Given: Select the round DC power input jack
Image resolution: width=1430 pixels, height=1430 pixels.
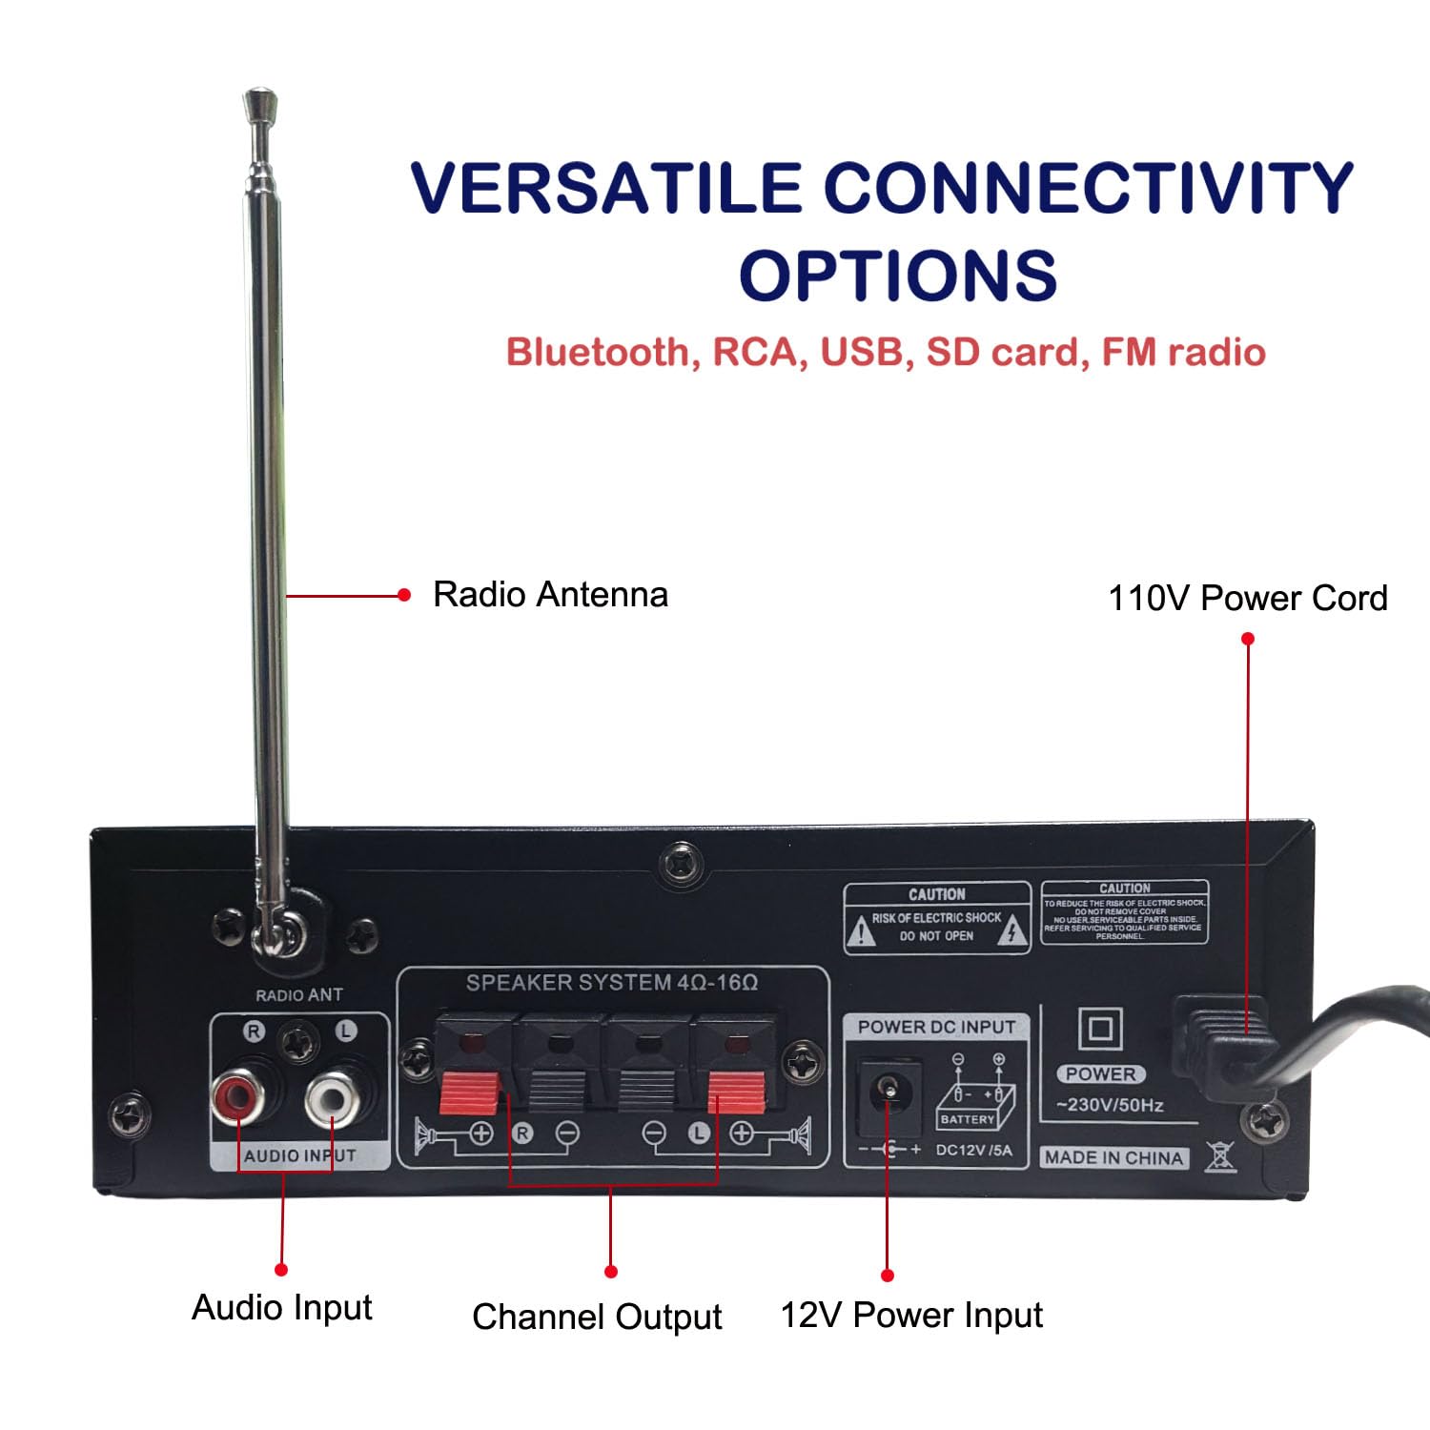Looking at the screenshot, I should pos(889,1087).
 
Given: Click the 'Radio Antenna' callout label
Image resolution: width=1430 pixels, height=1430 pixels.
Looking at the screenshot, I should pos(550,595).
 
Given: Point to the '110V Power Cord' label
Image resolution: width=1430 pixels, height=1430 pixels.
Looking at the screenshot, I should pos(1247,599).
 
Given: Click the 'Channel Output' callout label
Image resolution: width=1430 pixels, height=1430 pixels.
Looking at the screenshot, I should pos(597,1317).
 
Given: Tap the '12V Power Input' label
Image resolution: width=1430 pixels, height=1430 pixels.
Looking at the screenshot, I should pos(911,1315).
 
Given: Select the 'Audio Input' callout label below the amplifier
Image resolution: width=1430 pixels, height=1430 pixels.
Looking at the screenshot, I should pos(281,1307).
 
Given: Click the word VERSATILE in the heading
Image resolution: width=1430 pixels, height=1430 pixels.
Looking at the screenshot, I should pos(606,188).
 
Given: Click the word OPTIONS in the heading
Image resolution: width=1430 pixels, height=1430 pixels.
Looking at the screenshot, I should pos(898,276).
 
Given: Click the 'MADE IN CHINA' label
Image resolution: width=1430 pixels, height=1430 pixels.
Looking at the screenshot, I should pos(1113,1157).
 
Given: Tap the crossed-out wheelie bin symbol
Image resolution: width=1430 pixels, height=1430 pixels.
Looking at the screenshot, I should pos(1220,1156).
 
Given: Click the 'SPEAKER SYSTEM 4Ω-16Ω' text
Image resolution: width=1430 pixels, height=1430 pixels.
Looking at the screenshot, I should pos(611,983).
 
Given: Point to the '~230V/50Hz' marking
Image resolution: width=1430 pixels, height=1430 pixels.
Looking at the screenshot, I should pos(1110,1106).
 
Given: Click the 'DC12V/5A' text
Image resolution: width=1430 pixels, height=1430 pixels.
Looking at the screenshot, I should pos(973,1150).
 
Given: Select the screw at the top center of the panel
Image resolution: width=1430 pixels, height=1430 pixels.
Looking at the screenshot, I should pos(680,863).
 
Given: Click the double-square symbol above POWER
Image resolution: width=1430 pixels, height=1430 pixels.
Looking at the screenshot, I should pos(1100,1030).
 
